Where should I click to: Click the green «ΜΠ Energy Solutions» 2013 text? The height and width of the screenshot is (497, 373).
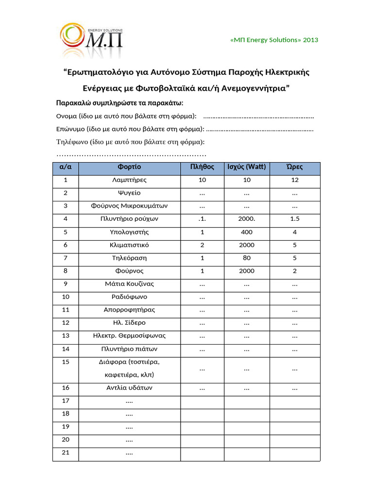[x=274, y=40]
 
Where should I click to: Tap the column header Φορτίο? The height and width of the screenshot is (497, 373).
[x=129, y=167]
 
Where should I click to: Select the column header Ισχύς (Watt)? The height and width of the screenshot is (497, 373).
[x=247, y=167]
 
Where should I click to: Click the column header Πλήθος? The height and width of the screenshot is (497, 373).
[x=202, y=167]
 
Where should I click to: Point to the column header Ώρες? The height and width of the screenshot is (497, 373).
[x=295, y=167]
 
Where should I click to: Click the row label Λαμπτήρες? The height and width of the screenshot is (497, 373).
[x=129, y=180]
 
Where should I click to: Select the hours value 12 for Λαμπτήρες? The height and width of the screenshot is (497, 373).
[x=295, y=180]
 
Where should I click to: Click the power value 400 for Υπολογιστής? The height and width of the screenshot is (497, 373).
[x=247, y=232]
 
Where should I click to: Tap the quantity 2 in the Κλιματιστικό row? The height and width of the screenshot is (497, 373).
[x=202, y=245]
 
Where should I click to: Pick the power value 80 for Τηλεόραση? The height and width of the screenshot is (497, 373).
[x=247, y=258]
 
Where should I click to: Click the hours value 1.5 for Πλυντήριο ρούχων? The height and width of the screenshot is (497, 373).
[x=295, y=219]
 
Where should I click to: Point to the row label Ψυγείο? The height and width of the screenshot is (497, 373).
[x=129, y=193]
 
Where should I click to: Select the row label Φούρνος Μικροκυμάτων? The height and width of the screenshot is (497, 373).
[x=129, y=206]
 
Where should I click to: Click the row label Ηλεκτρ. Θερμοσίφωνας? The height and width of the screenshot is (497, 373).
[x=129, y=335]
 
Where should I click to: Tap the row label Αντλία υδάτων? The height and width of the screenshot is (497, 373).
[x=129, y=388]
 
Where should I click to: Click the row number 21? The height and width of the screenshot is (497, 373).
[x=66, y=453]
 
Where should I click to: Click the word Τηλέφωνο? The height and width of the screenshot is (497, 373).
[x=71, y=142]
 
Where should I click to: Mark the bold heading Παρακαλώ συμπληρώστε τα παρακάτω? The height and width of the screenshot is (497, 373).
[x=119, y=103]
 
